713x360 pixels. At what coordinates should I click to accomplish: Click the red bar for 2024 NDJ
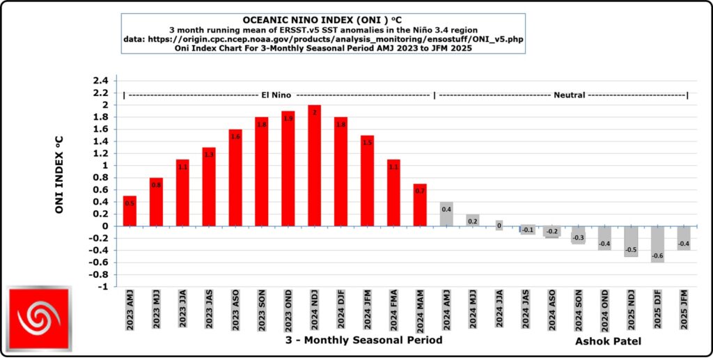click(x=314, y=166)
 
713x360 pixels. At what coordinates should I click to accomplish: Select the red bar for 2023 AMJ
click(x=130, y=211)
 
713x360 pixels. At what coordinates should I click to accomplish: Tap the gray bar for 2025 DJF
click(x=657, y=244)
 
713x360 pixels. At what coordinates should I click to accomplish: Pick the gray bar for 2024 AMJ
click(x=446, y=214)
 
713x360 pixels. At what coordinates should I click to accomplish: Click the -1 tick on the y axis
click(x=102, y=286)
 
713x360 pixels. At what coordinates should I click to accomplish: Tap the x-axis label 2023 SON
click(x=262, y=309)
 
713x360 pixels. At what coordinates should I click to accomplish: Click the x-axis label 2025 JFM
click(x=684, y=309)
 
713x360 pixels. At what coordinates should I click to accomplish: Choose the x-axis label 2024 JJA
click(x=499, y=309)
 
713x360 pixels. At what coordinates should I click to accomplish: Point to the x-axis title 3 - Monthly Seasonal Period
click(x=363, y=339)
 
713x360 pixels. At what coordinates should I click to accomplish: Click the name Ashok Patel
click(x=607, y=342)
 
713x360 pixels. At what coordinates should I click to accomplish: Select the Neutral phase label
click(x=570, y=94)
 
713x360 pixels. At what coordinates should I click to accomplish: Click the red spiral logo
click(x=39, y=318)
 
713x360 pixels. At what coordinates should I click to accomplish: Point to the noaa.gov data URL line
click(x=322, y=39)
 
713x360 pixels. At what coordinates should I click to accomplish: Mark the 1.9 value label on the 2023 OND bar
click(x=288, y=118)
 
